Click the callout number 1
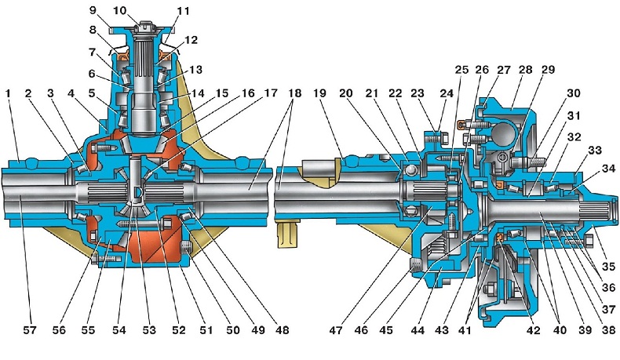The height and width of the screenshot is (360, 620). point(9,93)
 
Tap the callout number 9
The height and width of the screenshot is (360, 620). point(93,10)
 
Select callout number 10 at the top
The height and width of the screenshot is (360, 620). point(119,10)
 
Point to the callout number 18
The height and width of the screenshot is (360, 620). point(294,93)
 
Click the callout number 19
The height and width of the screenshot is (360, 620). point(319,93)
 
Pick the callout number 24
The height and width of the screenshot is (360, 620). point(446,93)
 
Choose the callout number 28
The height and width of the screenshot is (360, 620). point(525,70)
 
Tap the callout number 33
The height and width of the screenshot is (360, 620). point(595,150)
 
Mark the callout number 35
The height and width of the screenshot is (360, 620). point(608,267)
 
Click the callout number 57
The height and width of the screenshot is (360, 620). point(29,329)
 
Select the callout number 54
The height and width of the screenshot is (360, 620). point(119,329)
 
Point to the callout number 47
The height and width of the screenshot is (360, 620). point(337,329)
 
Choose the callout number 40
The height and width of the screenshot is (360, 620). point(559,329)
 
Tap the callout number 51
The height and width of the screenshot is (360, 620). point(206,329)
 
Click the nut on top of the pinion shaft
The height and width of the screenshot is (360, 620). point(141,28)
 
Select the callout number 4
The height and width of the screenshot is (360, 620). point(71,93)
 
